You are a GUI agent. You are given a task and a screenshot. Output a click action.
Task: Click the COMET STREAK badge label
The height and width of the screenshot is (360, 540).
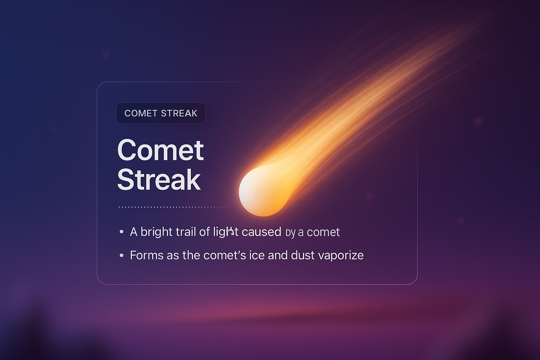click(161, 113)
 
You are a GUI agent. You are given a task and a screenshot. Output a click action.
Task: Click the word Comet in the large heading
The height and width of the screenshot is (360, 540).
click(160, 150)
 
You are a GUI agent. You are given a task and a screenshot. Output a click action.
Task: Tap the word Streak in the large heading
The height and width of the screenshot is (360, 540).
click(159, 180)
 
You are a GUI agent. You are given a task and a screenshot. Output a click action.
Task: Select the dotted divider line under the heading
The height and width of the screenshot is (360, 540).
click(174, 207)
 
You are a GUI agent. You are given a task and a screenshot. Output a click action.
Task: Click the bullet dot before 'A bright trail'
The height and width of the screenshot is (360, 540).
click(122, 232)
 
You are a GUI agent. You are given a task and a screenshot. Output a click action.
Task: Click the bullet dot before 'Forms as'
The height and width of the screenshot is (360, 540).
click(122, 255)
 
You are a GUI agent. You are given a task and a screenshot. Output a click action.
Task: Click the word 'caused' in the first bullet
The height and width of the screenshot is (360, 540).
click(261, 232)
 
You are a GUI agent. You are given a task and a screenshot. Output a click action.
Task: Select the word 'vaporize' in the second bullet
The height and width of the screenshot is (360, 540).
click(341, 256)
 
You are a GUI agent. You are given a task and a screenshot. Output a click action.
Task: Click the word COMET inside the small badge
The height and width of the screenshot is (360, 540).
click(141, 113)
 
